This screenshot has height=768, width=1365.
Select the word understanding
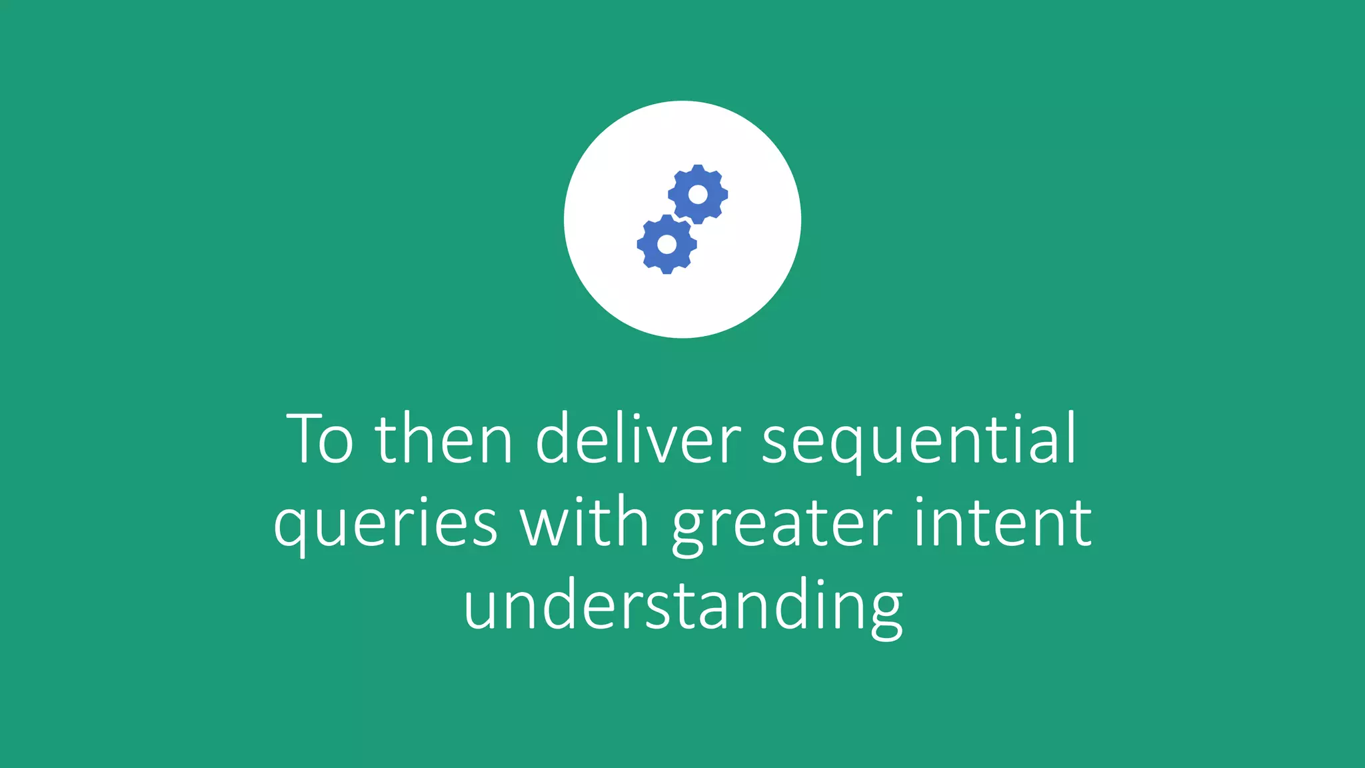682,605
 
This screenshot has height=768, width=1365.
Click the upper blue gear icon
698,194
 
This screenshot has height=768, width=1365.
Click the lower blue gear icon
667,244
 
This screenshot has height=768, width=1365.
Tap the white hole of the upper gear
698,194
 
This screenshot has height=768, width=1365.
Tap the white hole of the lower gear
667,244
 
